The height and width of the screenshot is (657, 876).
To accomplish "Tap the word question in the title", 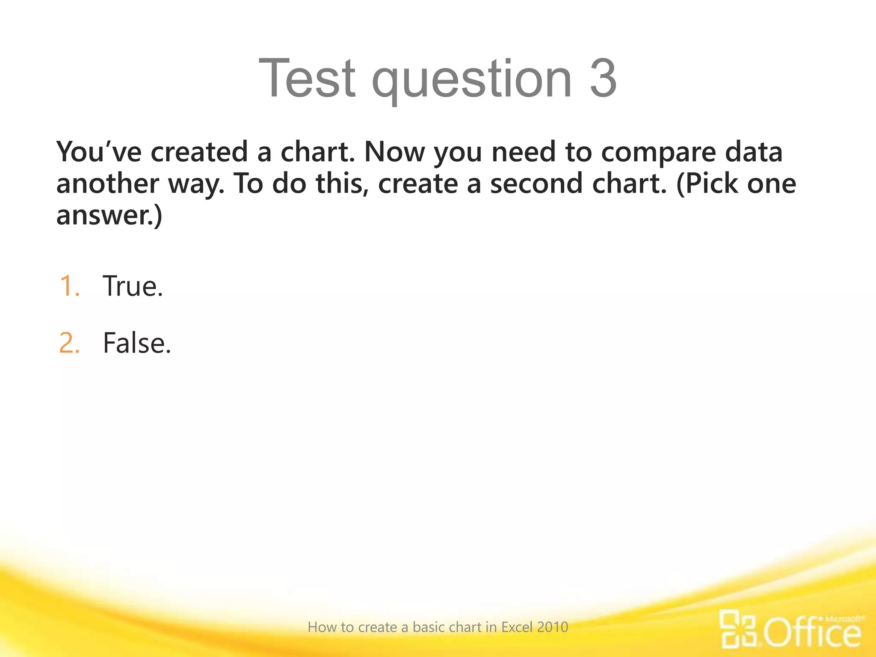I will coord(472,81).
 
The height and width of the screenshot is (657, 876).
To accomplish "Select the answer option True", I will coord(133,286).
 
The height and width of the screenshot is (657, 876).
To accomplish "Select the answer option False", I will coord(137,343).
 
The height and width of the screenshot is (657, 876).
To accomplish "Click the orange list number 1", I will coord(69,286).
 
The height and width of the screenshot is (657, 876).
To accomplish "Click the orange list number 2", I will coord(69,343).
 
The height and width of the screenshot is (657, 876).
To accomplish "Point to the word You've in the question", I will coord(99,152).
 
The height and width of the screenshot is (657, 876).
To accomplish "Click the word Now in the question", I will coord(394,152).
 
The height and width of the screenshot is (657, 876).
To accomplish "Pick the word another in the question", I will coord(107,184).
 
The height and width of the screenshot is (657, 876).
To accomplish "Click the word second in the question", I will coord(536,184).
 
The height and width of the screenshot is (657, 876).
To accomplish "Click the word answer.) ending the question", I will coord(109,216).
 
